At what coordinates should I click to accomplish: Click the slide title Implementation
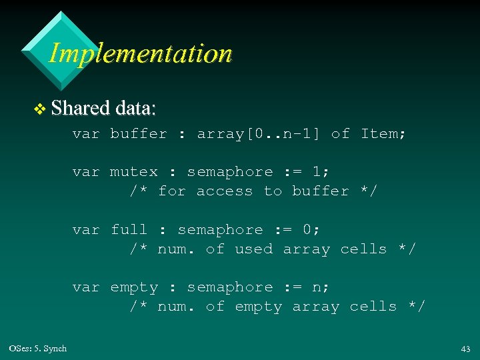click(140, 53)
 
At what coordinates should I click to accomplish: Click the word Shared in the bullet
click(80, 107)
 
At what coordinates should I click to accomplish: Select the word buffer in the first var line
click(139, 133)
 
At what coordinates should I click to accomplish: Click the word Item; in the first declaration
click(383, 133)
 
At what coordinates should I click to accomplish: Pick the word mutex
click(134, 172)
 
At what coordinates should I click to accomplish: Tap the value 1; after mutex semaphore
click(321, 172)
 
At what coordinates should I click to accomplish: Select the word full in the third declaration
click(129, 230)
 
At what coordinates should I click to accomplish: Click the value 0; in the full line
click(311, 230)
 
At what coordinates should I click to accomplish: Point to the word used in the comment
click(254, 249)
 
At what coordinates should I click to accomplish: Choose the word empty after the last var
click(134, 287)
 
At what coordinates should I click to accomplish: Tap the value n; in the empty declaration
click(321, 287)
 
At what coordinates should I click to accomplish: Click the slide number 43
click(465, 349)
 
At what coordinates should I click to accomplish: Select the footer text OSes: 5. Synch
click(38, 348)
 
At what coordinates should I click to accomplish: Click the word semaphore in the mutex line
click(230, 172)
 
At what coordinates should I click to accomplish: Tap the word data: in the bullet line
click(135, 107)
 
